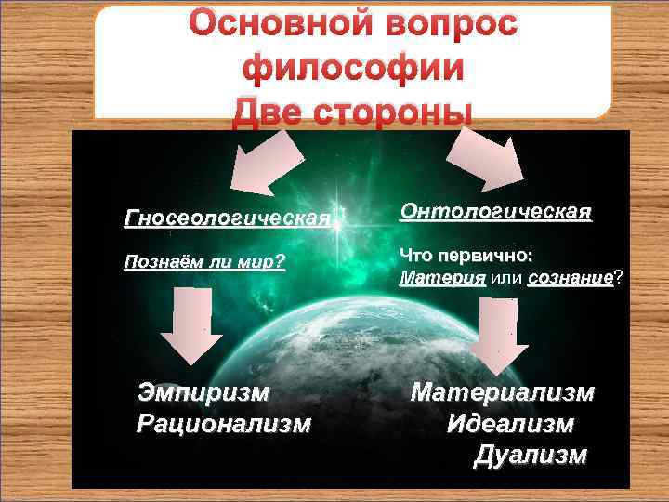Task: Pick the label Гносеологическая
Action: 227,218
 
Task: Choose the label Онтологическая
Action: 495,212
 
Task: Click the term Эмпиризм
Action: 204,391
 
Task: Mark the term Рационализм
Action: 223,424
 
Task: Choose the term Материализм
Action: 502,392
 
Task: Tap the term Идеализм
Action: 510,424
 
